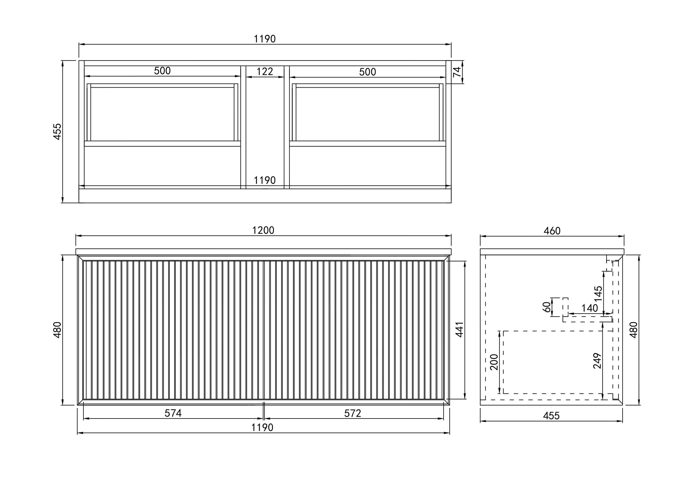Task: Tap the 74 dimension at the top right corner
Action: pos(457,72)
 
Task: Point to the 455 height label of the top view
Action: pos(57,131)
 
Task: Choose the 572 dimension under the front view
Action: pos(353,413)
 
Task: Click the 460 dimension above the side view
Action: pos(552,231)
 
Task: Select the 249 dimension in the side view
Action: pos(597,361)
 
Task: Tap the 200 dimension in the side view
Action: pos(494,362)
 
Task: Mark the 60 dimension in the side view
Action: pos(547,307)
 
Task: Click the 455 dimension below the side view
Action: pos(551,416)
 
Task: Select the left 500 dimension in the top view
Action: pos(162,71)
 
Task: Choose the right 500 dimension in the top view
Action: pos(368,72)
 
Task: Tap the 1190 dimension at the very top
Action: pos(265,39)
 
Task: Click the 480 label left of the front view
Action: pos(57,330)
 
